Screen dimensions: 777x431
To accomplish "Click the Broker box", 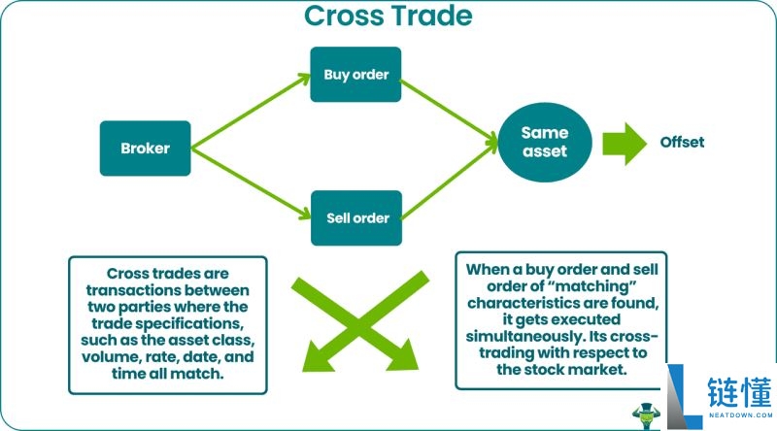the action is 145,149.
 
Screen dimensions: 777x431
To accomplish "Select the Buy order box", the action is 355,75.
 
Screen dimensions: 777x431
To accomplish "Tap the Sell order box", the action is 356,218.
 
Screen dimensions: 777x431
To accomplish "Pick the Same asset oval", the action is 545,142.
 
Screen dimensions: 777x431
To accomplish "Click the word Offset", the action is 682,142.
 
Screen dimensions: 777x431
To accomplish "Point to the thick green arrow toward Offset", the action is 625,144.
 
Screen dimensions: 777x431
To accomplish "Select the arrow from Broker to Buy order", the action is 251,111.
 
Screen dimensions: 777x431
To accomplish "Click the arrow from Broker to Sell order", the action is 251,182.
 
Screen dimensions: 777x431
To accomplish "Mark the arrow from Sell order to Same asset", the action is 449,180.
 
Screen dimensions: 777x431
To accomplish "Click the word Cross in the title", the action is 344,16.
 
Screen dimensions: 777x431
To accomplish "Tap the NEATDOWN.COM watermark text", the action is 740,415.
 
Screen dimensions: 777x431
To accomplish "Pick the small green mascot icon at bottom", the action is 646,416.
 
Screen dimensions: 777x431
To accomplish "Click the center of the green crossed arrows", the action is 359,321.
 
